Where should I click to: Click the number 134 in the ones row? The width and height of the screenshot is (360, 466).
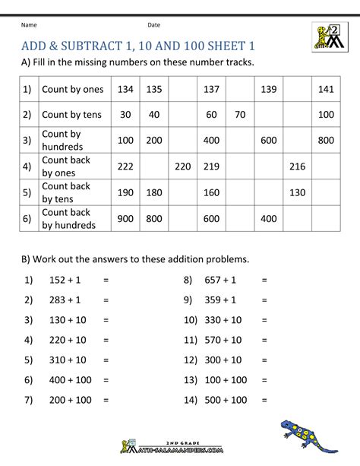coord(126,90)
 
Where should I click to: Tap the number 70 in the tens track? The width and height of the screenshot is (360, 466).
coord(239,116)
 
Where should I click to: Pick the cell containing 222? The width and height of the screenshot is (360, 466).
coord(126,166)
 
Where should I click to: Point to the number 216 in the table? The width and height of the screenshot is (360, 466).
coord(297,166)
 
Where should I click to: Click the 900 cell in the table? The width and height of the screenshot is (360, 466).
coord(126,219)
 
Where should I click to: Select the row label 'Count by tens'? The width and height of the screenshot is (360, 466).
coord(73,116)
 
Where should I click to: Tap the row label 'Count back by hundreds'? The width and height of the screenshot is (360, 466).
coord(69,219)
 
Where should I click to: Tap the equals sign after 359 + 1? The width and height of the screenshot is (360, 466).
coord(264,300)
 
